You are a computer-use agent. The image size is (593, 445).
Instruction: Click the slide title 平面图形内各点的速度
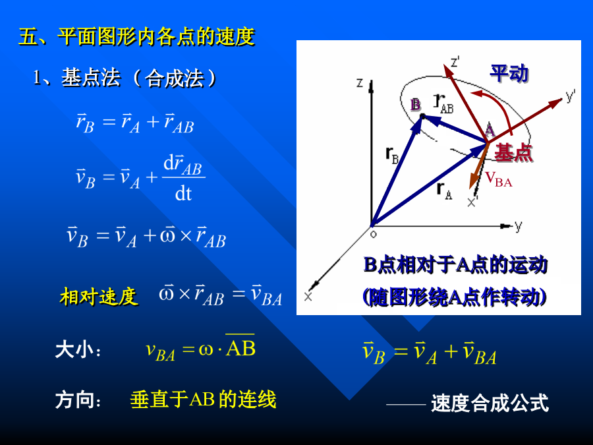[x=156, y=37]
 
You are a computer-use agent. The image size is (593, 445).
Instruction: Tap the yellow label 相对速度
[x=99, y=296]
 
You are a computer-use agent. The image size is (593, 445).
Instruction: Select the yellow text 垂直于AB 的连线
[x=203, y=400]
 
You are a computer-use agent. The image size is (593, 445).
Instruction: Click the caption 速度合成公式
[x=490, y=403]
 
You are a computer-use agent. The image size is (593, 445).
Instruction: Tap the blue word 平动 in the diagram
[x=509, y=73]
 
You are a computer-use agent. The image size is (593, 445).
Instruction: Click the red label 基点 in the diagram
[x=513, y=153]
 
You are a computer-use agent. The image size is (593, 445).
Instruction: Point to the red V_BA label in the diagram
[x=499, y=179]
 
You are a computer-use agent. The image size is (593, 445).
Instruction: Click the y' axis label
[x=571, y=96]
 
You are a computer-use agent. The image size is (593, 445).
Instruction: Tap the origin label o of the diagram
[x=374, y=235]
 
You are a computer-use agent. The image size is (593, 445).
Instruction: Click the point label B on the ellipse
[x=415, y=104]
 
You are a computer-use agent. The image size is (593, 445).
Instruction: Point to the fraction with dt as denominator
[x=183, y=178]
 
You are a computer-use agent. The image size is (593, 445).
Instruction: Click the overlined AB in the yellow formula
[x=240, y=346]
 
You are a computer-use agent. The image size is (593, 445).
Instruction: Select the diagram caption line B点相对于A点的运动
[x=455, y=264]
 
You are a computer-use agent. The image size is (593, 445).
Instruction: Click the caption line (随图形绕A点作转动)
[x=454, y=297]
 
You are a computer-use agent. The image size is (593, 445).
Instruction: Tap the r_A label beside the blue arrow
[x=444, y=191]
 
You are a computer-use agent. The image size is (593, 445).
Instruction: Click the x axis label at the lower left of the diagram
[x=308, y=297]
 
